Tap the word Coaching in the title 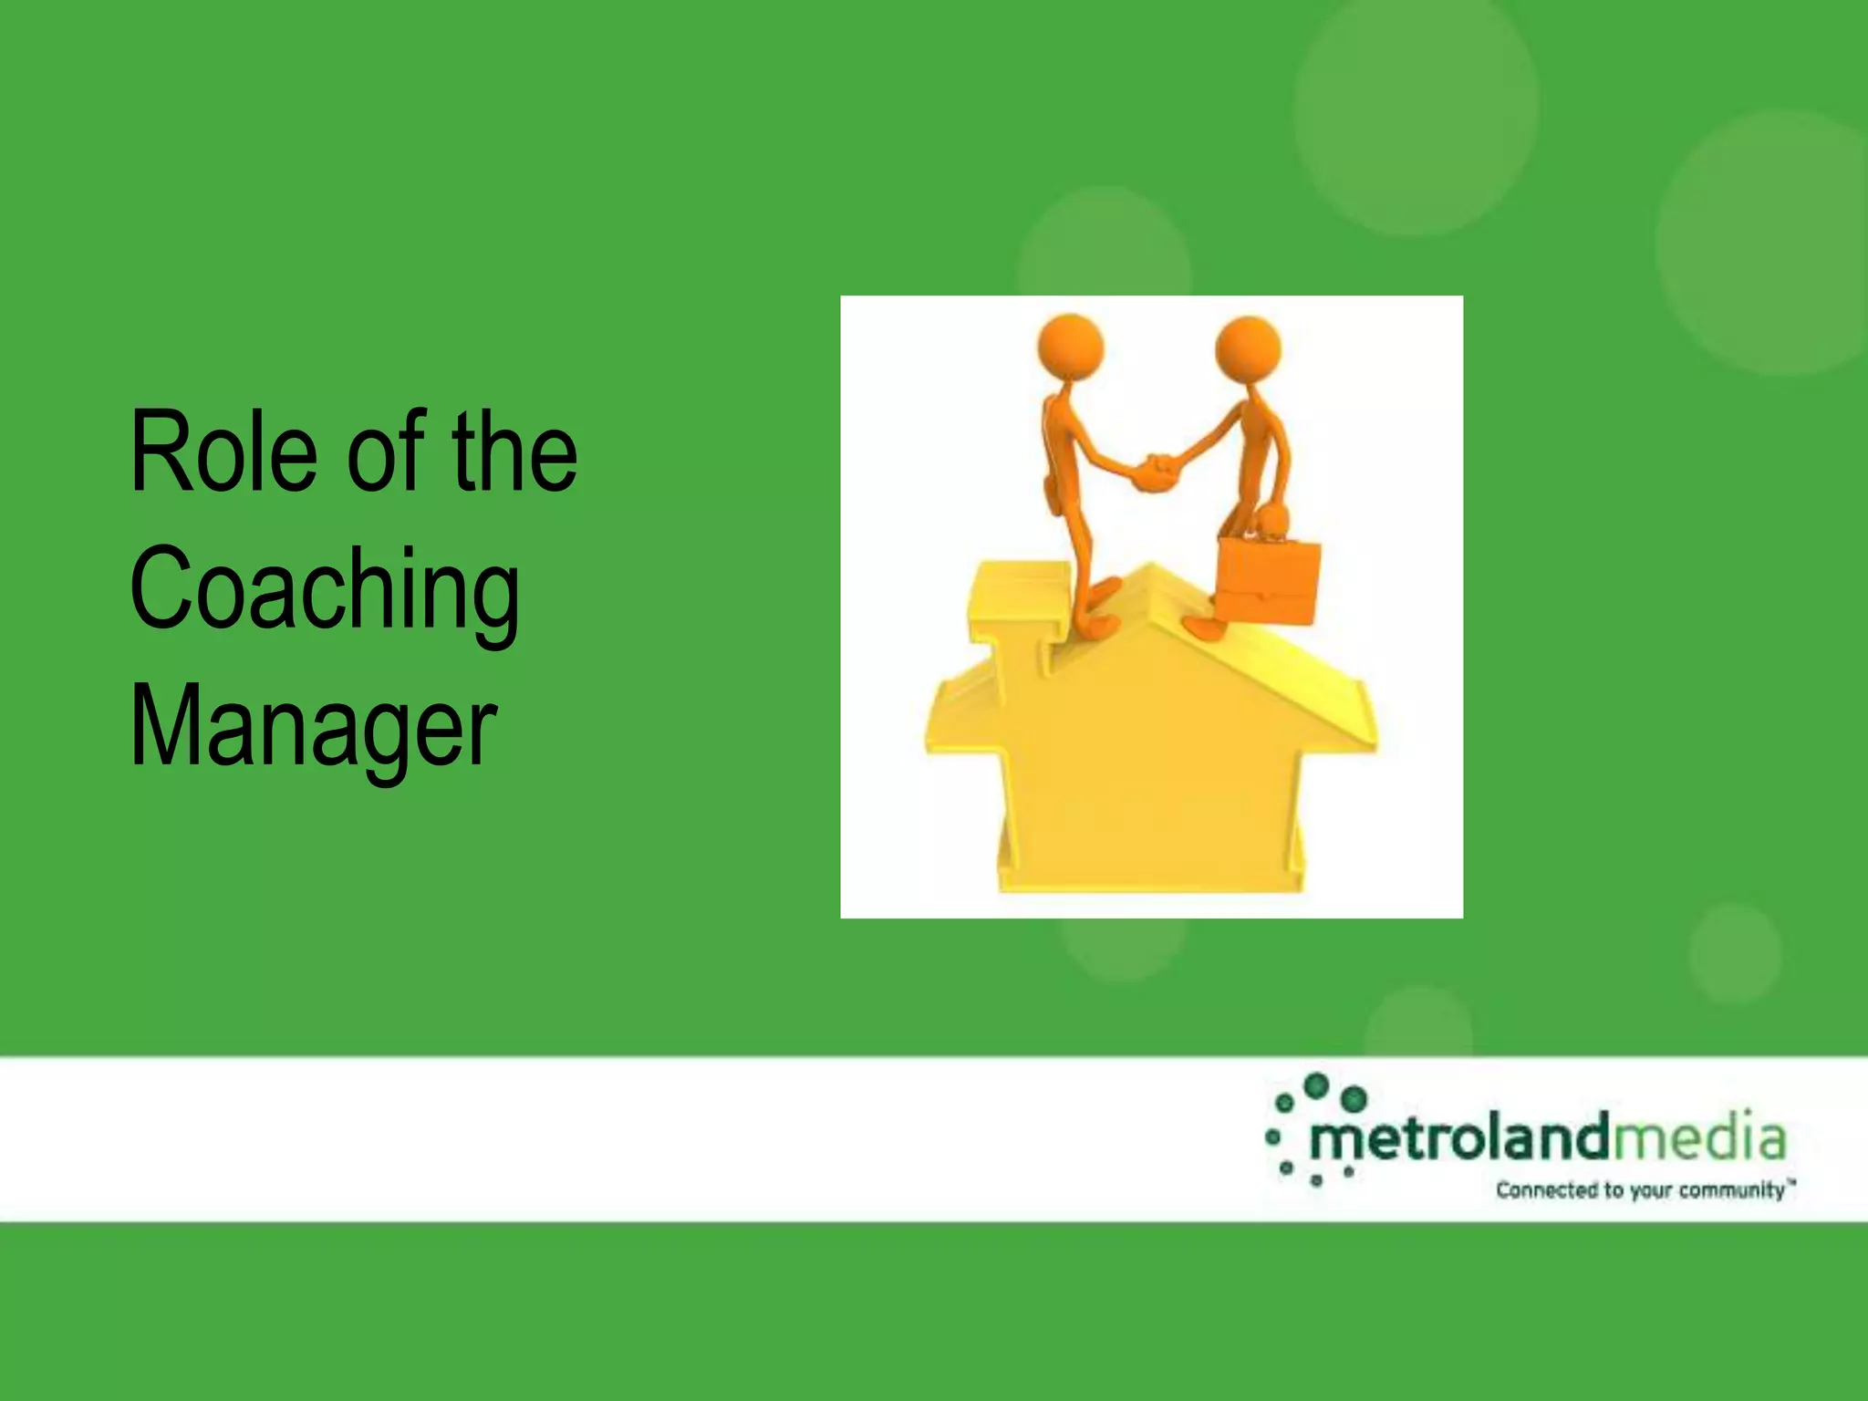(325, 589)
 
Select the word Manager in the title (313, 727)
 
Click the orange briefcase (1270, 580)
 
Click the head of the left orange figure (1071, 347)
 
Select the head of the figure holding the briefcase (1248, 348)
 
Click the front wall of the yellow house (1151, 784)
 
